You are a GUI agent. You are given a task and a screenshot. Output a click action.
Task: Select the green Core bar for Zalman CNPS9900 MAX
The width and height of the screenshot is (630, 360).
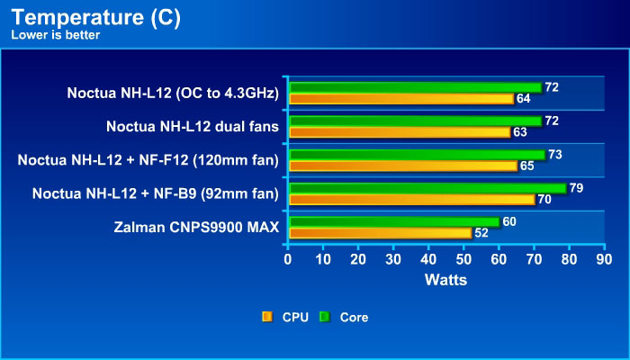coord(393,221)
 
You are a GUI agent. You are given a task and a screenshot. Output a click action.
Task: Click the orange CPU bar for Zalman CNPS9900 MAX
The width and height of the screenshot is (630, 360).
coord(379,232)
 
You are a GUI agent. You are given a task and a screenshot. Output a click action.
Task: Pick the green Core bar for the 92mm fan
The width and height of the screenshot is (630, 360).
coord(427,188)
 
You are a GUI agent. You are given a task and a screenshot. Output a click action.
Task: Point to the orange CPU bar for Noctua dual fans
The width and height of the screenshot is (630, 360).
coord(399,131)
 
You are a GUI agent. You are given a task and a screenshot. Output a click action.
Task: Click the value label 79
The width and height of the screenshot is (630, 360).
coord(577,188)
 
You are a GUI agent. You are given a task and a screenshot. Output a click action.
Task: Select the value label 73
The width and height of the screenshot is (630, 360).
coord(555,155)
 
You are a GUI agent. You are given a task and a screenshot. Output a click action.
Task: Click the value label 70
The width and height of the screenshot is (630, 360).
coord(544,199)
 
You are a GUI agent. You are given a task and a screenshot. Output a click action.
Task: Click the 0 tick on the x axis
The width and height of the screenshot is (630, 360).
coord(288,259)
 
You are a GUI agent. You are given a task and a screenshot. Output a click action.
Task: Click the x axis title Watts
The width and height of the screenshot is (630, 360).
coord(445,279)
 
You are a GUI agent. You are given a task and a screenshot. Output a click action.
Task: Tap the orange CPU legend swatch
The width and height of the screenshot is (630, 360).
coord(266,317)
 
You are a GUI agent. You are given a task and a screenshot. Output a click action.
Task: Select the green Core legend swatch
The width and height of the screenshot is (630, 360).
coord(324,317)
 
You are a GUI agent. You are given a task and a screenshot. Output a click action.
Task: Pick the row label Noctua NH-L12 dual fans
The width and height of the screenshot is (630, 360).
coord(192,126)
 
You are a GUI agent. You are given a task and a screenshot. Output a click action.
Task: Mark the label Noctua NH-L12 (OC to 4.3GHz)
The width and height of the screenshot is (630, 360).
coord(173,93)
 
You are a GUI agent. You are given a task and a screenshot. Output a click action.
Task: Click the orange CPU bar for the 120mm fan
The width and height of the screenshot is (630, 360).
coord(401,166)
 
